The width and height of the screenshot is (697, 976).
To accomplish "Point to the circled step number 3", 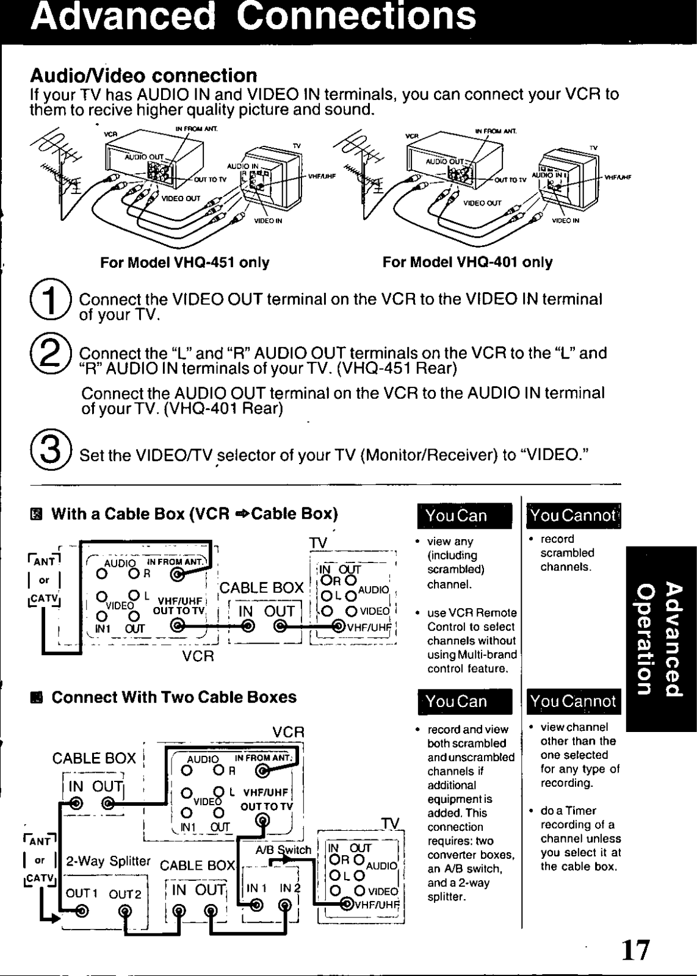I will pyautogui.click(x=52, y=454).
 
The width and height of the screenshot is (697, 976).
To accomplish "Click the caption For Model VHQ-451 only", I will pyautogui.click(x=185, y=263).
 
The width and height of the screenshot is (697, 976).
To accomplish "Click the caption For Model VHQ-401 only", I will pyautogui.click(x=468, y=263).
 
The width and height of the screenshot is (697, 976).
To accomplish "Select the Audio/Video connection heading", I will pyautogui.click(x=143, y=76).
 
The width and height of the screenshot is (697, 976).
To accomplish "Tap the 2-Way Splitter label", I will pyautogui.click(x=108, y=861).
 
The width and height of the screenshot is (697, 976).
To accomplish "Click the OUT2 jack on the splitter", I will pyautogui.click(x=125, y=911).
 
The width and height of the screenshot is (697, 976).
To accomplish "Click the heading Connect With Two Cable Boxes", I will pyautogui.click(x=174, y=697).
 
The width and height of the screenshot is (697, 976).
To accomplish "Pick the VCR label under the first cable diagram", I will pyautogui.click(x=198, y=656).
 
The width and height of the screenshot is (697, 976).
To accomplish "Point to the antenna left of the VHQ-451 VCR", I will pyautogui.click(x=58, y=162).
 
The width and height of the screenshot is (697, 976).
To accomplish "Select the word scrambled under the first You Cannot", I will pyautogui.click(x=567, y=553).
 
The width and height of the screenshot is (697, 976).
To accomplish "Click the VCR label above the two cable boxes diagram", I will pyautogui.click(x=288, y=732).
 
